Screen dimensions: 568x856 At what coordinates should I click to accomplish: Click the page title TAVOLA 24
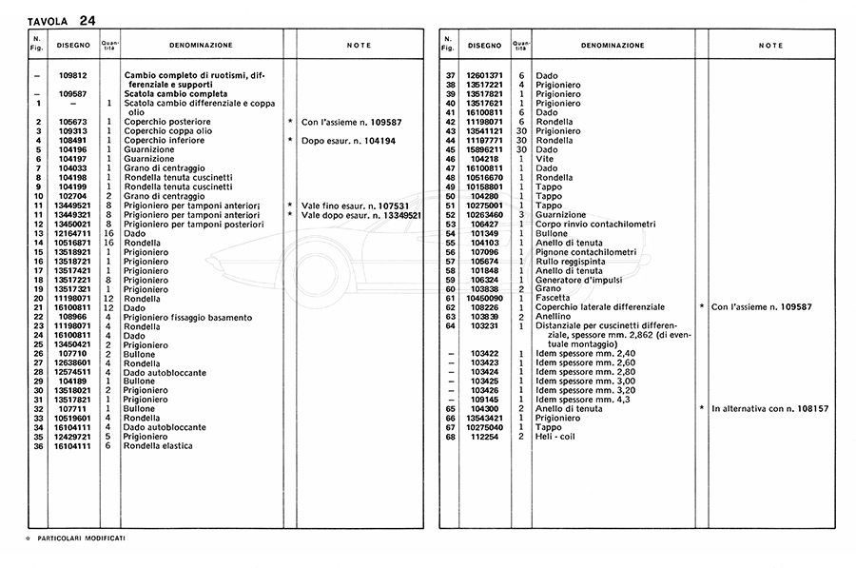point(60,20)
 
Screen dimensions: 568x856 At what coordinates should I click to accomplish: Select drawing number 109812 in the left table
point(73,75)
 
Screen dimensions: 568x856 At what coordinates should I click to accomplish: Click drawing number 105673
point(73,122)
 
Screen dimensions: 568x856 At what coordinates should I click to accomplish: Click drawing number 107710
point(73,354)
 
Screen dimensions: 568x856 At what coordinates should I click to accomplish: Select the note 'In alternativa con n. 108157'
point(769,409)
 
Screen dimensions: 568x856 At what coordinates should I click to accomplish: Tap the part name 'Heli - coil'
point(556,437)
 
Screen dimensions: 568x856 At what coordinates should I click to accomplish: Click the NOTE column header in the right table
point(770,46)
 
